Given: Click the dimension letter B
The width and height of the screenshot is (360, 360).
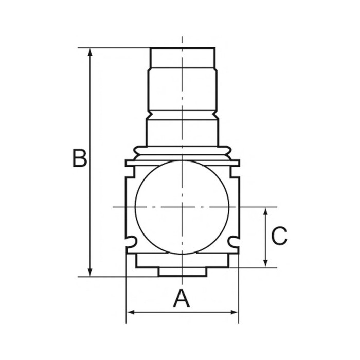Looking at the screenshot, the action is [80, 158].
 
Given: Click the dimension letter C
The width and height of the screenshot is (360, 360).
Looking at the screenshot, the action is [279, 236].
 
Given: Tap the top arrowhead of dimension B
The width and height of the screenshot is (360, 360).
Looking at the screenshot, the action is [90, 52].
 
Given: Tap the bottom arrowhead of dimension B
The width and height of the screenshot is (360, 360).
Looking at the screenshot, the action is [90, 273].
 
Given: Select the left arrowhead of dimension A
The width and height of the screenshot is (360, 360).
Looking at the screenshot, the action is [131, 312].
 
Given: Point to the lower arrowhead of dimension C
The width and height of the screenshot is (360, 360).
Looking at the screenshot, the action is [265, 263].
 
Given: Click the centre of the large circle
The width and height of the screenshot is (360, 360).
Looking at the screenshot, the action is [182, 207].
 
